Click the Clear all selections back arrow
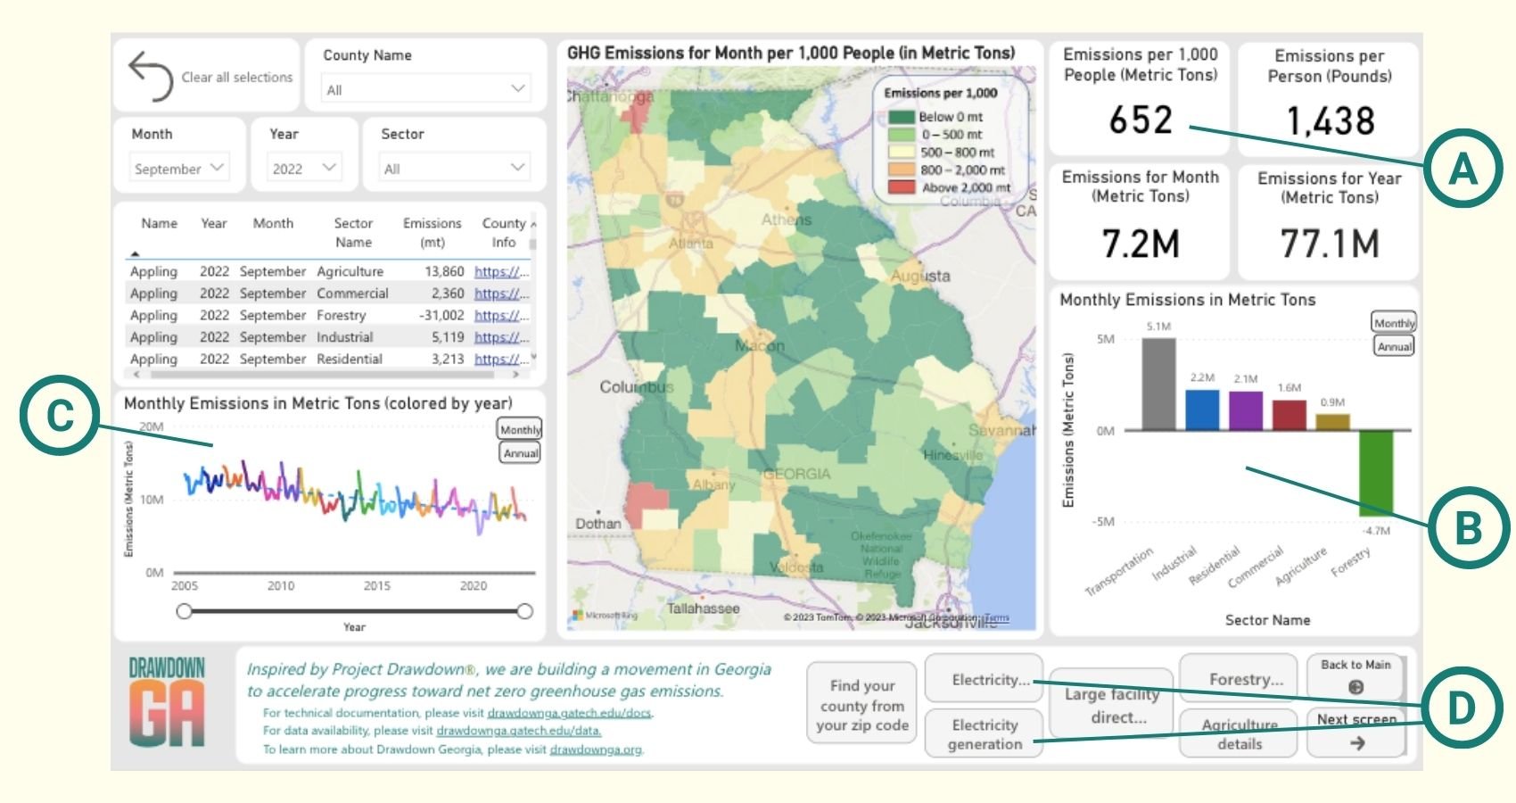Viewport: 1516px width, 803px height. (x=151, y=76)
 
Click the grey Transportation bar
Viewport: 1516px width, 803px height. (x=1158, y=384)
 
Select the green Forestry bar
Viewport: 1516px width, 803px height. (x=1375, y=473)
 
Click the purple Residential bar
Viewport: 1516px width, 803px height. (x=1245, y=410)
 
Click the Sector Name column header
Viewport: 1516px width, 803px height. (x=353, y=233)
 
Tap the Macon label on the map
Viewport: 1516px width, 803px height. (x=760, y=345)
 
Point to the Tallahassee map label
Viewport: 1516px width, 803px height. (x=703, y=608)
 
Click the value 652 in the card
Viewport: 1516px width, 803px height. (x=1140, y=120)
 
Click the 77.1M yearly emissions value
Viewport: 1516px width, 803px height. (x=1329, y=243)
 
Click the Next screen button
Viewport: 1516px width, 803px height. (x=1355, y=731)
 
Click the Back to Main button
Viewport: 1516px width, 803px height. (x=1355, y=675)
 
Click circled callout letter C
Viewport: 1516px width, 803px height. (x=59, y=417)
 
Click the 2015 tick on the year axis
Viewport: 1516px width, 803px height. (x=376, y=586)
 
